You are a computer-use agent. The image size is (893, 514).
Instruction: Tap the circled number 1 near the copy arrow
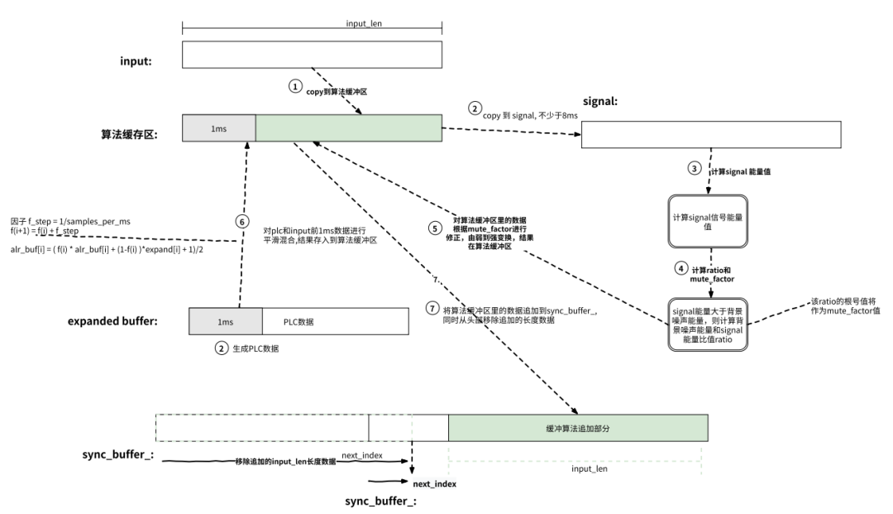(x=295, y=87)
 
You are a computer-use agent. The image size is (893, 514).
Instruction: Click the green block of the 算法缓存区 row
(x=348, y=128)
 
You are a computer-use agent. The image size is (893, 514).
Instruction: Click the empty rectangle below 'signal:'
(x=711, y=134)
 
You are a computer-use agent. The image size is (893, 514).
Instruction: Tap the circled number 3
(x=694, y=168)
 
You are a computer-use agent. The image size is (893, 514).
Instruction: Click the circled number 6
(x=241, y=223)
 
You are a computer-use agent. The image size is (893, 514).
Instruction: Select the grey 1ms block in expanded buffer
(x=225, y=321)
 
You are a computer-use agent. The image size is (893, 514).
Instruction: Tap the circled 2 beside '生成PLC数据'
(x=221, y=348)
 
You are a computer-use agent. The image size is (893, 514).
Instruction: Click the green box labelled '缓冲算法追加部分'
(x=578, y=428)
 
